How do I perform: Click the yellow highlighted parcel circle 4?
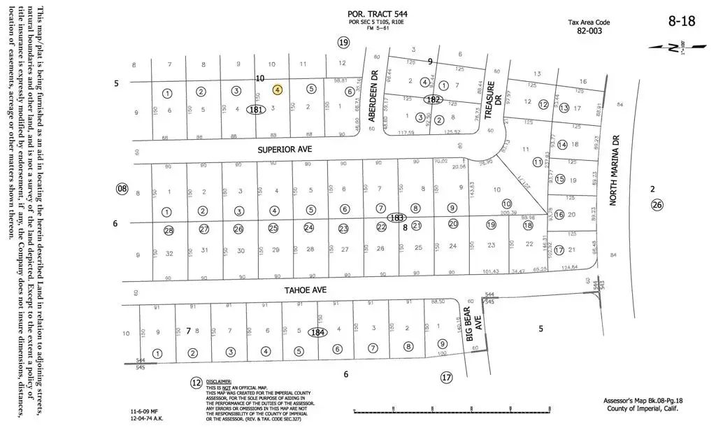click(x=278, y=90)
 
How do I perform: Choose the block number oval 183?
click(x=396, y=217)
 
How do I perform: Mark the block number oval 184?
click(x=318, y=332)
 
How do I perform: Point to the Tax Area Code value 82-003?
click(x=589, y=31)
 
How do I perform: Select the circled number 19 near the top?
click(x=343, y=43)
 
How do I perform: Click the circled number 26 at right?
click(x=656, y=205)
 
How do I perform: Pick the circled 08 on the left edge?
click(x=123, y=188)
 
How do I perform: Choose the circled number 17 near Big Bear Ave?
click(x=446, y=378)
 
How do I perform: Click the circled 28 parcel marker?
click(x=168, y=230)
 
